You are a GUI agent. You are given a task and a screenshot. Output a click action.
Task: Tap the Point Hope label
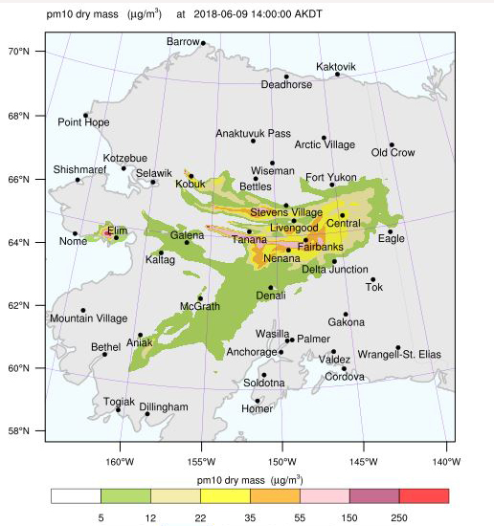(83, 122)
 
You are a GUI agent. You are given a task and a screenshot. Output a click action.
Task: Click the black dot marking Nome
(75, 233)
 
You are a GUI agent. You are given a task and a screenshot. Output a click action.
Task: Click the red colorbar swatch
(424, 495)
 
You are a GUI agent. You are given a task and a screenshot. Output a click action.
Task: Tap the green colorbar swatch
(125, 495)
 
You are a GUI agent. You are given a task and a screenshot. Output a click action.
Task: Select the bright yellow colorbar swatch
(225, 495)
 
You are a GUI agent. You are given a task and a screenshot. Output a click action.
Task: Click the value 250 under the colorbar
(399, 516)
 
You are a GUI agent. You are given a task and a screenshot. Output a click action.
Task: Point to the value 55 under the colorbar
(300, 516)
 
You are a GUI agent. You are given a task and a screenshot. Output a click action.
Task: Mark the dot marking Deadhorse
(286, 77)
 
